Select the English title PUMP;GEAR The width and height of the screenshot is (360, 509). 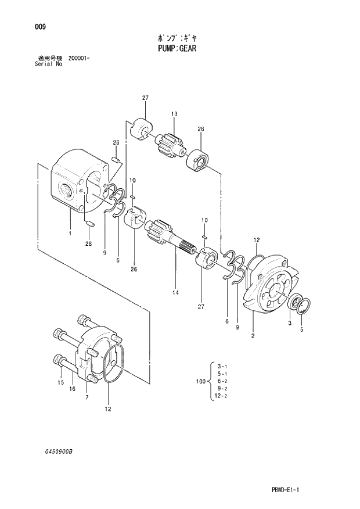click(x=177, y=49)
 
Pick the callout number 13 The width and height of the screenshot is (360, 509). click(x=173, y=113)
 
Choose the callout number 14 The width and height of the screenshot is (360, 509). click(x=175, y=293)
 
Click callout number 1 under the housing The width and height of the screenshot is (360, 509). click(x=70, y=234)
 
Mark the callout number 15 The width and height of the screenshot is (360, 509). click(x=60, y=383)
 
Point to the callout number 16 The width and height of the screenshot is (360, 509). click(x=73, y=389)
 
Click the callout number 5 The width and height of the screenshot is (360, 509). click(x=301, y=331)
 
